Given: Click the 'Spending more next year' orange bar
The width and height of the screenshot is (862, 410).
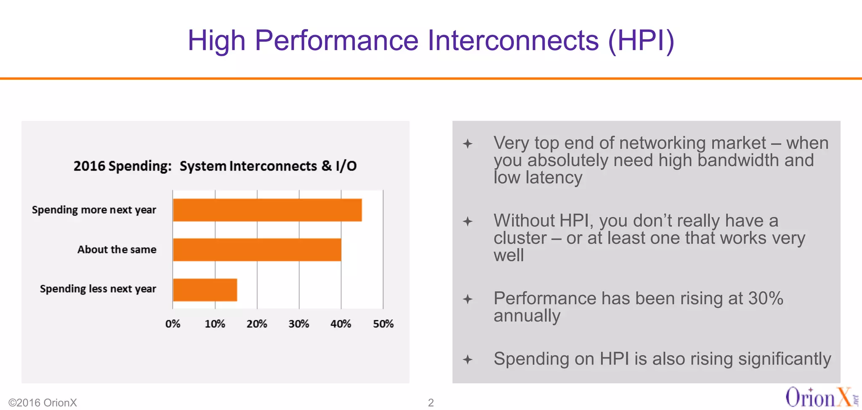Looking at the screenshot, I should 267,210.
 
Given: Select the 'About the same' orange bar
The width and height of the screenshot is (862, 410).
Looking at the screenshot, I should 257,249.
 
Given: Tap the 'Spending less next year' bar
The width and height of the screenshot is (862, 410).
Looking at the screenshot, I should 205,289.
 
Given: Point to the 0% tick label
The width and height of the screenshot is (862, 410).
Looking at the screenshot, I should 173,324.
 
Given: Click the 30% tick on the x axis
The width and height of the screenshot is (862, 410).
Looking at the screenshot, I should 299,324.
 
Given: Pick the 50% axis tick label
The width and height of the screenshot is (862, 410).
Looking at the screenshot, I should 383,324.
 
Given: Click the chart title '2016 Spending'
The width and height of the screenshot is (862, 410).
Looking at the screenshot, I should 122,166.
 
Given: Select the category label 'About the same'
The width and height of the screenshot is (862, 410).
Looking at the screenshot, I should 117,249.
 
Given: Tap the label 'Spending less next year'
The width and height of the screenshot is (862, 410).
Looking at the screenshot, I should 98,289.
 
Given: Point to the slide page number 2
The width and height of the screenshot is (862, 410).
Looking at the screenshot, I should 431,402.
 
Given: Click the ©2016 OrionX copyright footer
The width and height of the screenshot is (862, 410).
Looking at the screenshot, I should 43,402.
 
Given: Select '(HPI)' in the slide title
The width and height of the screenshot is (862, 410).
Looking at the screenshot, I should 641,40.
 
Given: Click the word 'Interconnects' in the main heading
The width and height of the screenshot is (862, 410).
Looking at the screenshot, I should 513,40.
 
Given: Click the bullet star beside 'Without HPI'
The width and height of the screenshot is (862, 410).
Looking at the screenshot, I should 468,221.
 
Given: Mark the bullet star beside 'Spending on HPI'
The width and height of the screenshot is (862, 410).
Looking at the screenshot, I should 468,359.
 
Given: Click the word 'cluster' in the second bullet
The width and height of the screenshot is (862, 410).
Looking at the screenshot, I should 520,238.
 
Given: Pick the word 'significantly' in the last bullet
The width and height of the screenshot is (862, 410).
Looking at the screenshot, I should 784,359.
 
